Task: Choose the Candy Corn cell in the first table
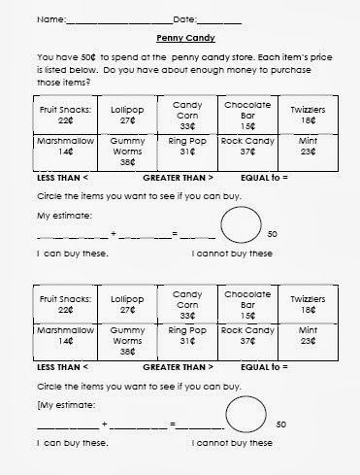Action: (181, 114)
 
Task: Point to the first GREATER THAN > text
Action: (178, 178)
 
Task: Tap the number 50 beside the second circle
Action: (280, 425)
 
